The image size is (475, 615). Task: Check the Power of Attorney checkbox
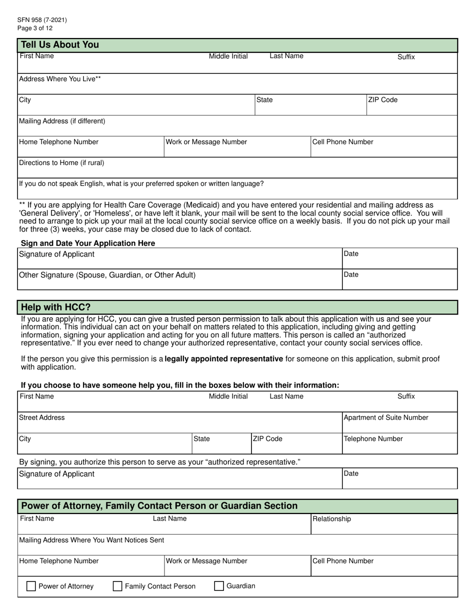tap(30, 586)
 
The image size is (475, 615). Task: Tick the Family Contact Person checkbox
tap(117, 586)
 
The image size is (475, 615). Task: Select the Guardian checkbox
tap(219, 586)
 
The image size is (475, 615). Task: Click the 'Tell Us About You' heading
tap(59, 45)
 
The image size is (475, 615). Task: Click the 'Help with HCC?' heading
tap(55, 307)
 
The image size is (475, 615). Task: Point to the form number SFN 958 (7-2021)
tap(42, 20)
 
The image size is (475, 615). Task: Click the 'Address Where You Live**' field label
tap(60, 79)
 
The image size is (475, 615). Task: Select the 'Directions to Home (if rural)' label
tap(61, 163)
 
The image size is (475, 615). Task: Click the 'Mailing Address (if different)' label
tap(62, 121)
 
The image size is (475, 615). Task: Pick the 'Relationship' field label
tap(331, 519)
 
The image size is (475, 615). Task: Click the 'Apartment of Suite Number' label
tap(385, 417)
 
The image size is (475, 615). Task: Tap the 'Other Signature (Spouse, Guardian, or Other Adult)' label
tap(107, 275)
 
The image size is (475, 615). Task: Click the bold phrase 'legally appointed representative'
tap(224, 359)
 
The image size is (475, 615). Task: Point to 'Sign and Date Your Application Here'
tap(88, 243)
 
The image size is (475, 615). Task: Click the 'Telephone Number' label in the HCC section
tap(373, 439)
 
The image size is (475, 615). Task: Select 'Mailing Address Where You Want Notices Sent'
tap(91, 540)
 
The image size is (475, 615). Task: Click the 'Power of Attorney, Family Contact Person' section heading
tap(159, 506)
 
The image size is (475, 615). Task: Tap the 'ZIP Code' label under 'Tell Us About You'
tap(382, 100)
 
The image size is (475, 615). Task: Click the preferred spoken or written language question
tap(141, 184)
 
